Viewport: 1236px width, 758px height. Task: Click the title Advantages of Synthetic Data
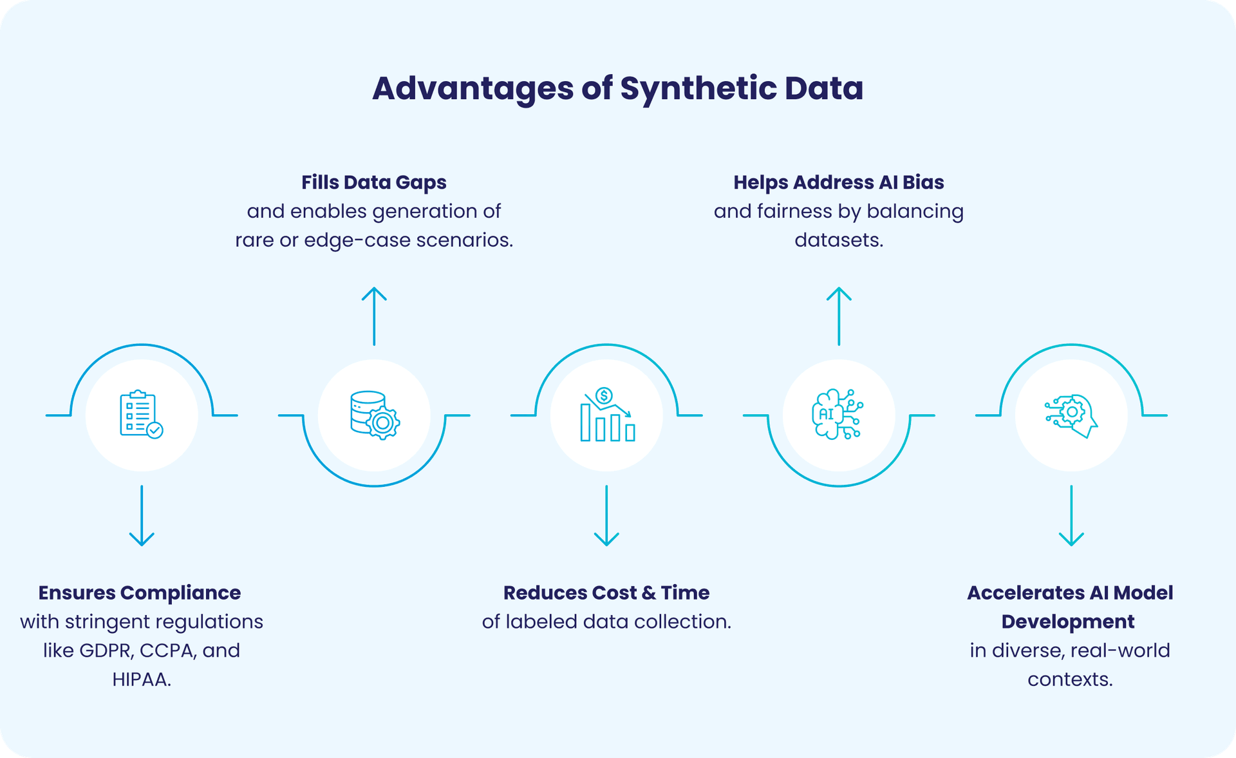(x=617, y=88)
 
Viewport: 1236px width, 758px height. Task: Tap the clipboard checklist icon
(x=141, y=415)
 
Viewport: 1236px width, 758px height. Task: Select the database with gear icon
(x=375, y=415)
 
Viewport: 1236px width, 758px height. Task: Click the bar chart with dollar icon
(x=607, y=415)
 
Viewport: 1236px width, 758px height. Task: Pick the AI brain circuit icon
(x=838, y=415)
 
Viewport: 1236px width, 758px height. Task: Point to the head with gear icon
(x=1071, y=415)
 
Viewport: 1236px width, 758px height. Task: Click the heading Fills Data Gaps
(x=373, y=182)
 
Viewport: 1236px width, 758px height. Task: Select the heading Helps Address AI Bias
(x=838, y=182)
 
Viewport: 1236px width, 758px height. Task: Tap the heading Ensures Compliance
(x=140, y=592)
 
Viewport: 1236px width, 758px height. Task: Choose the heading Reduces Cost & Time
(x=606, y=592)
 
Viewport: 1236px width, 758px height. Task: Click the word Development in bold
(x=1068, y=621)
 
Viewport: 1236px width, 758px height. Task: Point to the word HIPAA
(x=140, y=679)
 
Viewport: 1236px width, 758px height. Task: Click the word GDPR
(x=106, y=650)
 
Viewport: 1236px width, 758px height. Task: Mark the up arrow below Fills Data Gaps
(x=374, y=316)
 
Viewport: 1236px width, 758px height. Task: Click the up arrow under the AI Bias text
(x=839, y=316)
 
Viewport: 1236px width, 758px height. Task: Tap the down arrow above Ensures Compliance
(x=142, y=516)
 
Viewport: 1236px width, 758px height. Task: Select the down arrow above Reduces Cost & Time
(x=606, y=516)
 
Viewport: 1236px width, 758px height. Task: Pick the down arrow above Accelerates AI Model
(x=1071, y=516)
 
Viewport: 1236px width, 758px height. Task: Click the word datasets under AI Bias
(x=838, y=240)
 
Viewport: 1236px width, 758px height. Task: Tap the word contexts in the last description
(x=1069, y=679)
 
